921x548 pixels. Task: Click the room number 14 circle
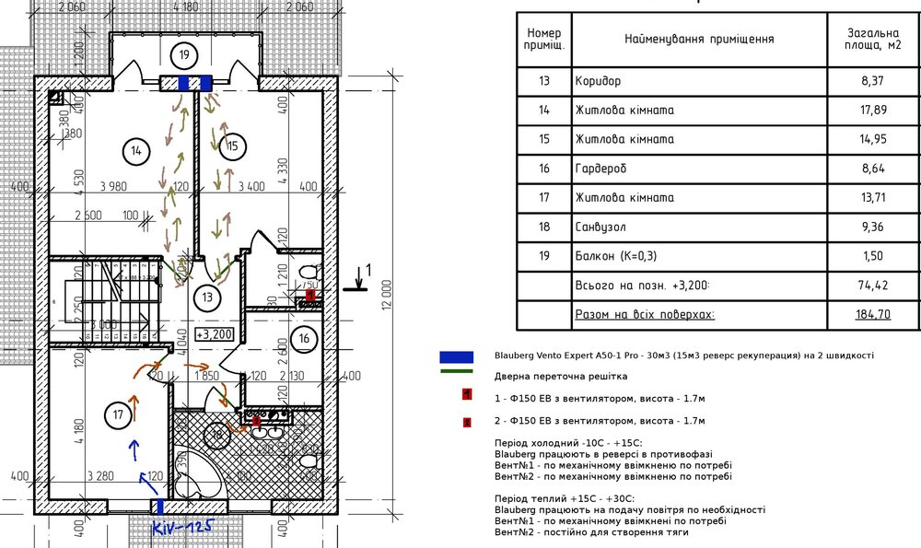[x=134, y=149]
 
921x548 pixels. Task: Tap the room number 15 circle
[x=233, y=145]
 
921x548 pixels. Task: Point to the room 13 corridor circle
[x=207, y=297]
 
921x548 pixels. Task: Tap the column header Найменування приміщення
[x=698, y=40]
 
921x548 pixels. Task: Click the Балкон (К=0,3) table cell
[x=616, y=256]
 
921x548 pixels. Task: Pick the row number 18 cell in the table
[x=543, y=227]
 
